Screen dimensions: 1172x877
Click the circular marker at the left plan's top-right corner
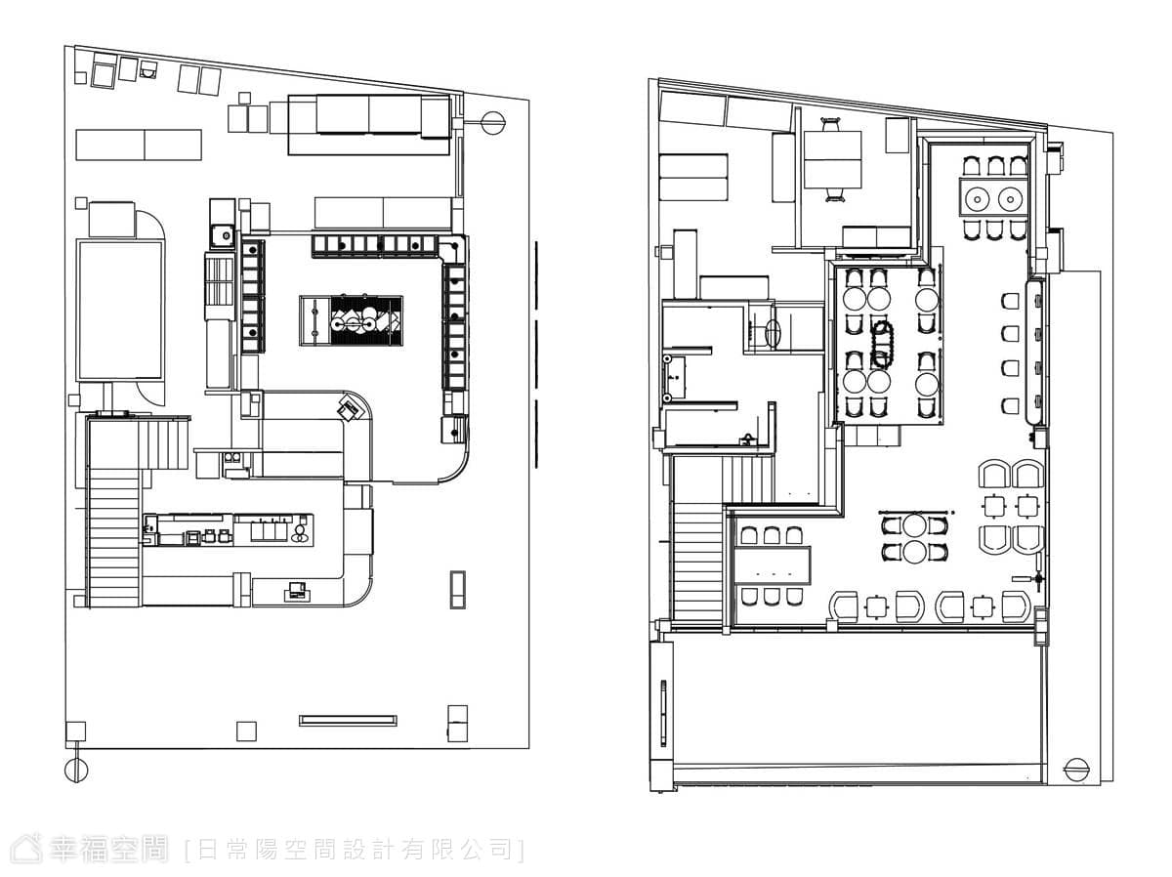click(492, 123)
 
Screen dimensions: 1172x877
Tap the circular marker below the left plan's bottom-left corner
click(76, 770)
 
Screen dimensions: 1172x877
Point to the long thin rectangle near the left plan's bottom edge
click(348, 720)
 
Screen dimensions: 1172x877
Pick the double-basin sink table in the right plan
click(993, 197)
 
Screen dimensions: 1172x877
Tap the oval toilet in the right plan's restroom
click(773, 334)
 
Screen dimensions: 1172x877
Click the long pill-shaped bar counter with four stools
click(1034, 353)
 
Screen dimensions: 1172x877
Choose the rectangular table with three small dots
click(773, 565)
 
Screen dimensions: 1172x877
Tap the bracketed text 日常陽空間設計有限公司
click(355, 850)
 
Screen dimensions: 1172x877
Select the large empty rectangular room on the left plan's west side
click(119, 311)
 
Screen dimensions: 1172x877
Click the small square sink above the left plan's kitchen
click(222, 234)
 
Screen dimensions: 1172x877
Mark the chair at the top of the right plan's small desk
click(831, 124)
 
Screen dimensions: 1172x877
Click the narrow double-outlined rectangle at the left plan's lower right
click(458, 589)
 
